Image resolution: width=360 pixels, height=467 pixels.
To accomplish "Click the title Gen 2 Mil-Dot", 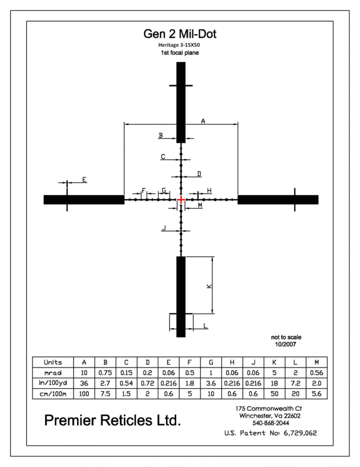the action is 180,34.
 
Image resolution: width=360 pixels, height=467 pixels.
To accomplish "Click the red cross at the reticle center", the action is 181,200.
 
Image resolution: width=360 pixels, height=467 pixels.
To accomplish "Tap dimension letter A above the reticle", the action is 203,121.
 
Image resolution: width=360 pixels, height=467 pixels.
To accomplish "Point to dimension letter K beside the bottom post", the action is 209,286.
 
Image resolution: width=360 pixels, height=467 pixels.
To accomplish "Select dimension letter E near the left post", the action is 85,180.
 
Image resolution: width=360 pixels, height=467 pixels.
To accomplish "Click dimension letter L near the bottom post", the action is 205,326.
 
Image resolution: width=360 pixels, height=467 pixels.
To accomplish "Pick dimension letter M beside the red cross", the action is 200,205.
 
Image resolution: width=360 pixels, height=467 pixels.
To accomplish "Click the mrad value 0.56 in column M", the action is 317,373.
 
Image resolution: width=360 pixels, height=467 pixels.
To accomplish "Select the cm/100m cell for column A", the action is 84,394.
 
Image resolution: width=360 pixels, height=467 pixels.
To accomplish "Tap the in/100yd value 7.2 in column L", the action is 295,383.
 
